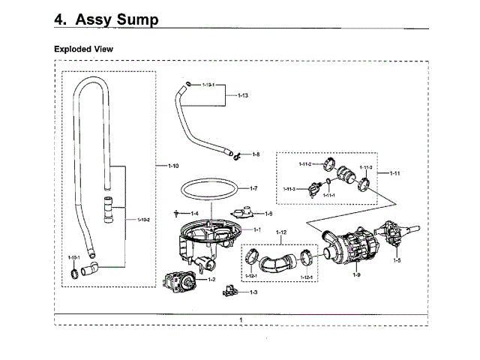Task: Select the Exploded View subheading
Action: pos(88,49)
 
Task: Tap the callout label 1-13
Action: pos(242,96)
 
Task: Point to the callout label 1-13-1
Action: pos(208,85)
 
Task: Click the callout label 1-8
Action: pos(255,154)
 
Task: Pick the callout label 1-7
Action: pos(253,188)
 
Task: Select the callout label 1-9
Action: pos(356,275)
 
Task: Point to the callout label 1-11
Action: pos(394,173)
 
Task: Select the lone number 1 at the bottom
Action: pos(241,320)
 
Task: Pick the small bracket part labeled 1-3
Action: pos(231,291)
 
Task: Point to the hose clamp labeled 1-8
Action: pos(237,156)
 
